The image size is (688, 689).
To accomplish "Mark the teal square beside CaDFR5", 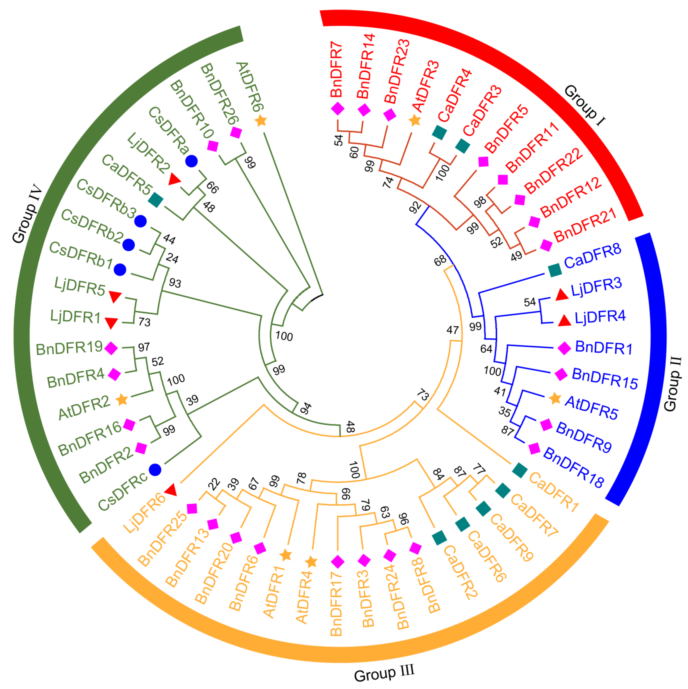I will click(x=156, y=200).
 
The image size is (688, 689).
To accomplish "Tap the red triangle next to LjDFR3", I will click(x=562, y=295).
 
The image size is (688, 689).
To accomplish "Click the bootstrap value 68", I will click(x=440, y=261).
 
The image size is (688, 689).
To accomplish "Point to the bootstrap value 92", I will click(x=415, y=207).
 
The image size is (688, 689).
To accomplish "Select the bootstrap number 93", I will click(x=175, y=283).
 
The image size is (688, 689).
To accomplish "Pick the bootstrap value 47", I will click(x=452, y=330).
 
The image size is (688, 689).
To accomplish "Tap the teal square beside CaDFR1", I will click(x=520, y=471).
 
